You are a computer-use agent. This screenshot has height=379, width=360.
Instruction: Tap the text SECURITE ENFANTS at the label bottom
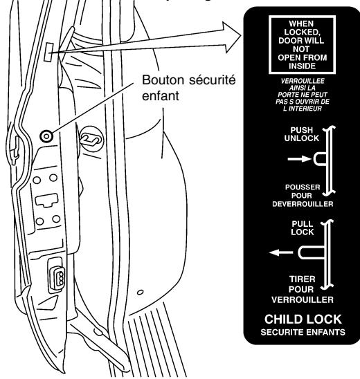click(302, 332)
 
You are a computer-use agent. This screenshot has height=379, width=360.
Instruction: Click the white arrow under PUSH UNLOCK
click(292, 160)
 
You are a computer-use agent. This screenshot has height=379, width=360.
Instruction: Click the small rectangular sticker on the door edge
click(49, 51)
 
